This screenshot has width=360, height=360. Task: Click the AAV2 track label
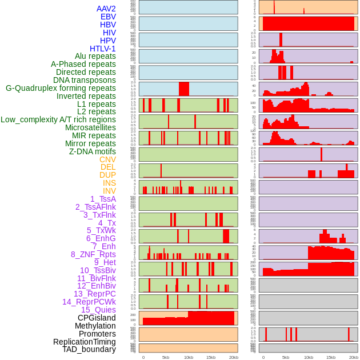point(106,9)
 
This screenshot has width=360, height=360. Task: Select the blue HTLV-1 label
point(103,49)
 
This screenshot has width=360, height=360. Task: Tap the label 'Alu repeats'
point(95,57)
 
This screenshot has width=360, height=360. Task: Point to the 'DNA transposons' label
point(85,81)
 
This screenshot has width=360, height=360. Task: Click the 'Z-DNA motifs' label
point(93,151)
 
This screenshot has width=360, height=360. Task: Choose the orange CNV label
point(107,159)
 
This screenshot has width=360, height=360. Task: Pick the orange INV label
point(109,191)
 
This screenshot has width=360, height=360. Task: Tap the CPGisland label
point(97,318)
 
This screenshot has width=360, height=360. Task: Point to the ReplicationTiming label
point(85,342)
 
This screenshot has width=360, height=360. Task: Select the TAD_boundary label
point(89,349)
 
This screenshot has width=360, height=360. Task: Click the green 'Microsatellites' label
point(90,127)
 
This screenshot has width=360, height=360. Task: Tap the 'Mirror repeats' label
point(90,143)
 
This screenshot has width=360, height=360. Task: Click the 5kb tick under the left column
point(165,357)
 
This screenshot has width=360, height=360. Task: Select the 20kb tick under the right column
point(354,357)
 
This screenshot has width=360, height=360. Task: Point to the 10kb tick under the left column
point(188,357)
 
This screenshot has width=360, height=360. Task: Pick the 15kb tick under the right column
point(331,357)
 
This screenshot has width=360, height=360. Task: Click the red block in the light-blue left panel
point(184,89)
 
